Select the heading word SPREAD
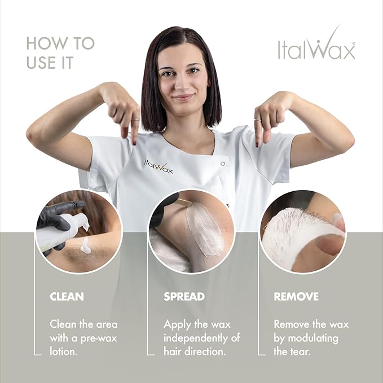click(x=184, y=296)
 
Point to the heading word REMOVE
click(x=296, y=296)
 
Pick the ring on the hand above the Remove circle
click(x=257, y=120)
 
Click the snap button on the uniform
click(x=223, y=163)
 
